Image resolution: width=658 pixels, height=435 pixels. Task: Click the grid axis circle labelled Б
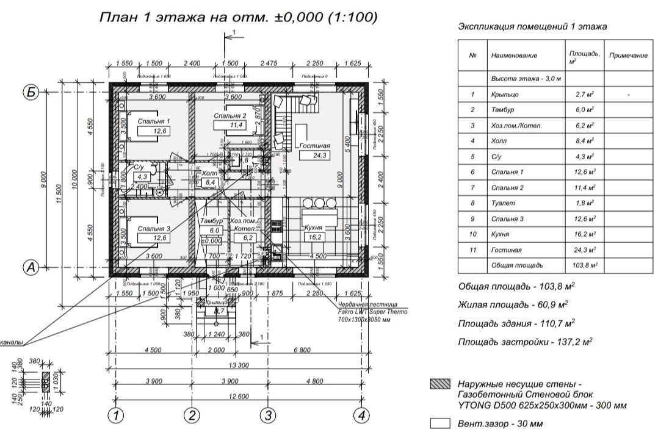coord(31,92)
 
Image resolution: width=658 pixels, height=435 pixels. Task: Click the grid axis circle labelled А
coord(31,267)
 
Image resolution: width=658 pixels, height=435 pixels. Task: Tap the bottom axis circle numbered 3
coord(267,416)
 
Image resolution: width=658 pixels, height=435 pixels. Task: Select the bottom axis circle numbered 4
coord(363,416)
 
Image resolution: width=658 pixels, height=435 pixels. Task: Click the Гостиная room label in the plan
coord(314,146)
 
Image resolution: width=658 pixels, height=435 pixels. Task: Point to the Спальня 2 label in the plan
coord(230,116)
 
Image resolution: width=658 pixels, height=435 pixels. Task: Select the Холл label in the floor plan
coord(210,174)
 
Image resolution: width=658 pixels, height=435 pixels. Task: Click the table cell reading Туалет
coord(502,203)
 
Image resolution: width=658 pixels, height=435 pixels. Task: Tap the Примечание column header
coord(628,56)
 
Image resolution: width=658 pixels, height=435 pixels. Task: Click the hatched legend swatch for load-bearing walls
coord(439,384)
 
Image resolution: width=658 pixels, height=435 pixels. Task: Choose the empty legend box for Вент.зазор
coord(439,423)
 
